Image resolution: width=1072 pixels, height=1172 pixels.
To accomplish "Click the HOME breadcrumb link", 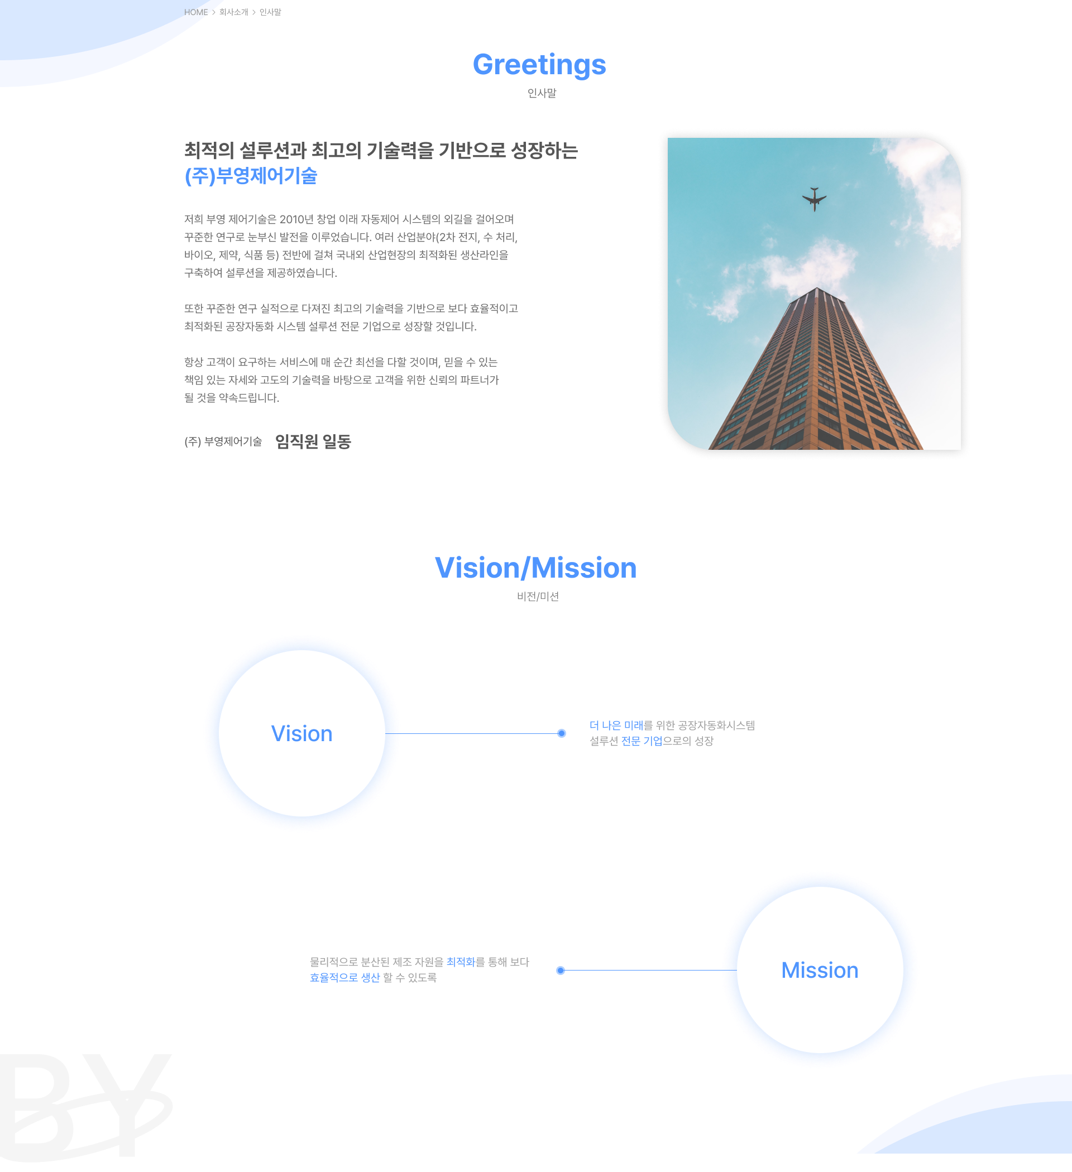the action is click(196, 12).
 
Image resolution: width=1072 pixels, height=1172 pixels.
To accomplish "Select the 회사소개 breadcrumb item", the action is click(234, 12).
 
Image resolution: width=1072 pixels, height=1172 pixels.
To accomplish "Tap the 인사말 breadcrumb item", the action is click(270, 12).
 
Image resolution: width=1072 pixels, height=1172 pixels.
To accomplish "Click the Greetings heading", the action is click(539, 65).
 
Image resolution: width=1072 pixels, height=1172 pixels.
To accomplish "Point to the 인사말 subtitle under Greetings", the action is click(542, 93).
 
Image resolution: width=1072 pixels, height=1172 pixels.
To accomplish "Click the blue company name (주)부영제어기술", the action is click(251, 176).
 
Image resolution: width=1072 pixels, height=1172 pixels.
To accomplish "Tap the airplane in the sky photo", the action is click(814, 199).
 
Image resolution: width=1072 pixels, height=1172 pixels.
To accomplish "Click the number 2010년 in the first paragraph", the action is click(296, 219).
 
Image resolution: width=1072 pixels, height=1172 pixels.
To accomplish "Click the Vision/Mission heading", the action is click(535, 568).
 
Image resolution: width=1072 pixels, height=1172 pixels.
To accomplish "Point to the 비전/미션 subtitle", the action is click(538, 597).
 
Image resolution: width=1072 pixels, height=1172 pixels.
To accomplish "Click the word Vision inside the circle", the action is click(302, 734).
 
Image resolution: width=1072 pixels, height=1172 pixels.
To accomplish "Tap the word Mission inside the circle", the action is click(820, 971).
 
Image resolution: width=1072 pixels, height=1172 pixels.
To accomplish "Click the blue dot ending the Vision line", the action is click(561, 734).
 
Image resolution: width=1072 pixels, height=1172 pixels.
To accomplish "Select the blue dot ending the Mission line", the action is click(560, 971).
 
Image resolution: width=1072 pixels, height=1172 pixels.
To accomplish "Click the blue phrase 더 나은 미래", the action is click(616, 726).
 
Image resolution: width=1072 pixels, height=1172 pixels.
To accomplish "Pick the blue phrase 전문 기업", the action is click(642, 741).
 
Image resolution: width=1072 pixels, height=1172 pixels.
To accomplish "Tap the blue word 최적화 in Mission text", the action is click(461, 962).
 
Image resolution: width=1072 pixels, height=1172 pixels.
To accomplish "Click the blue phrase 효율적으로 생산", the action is click(345, 978).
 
